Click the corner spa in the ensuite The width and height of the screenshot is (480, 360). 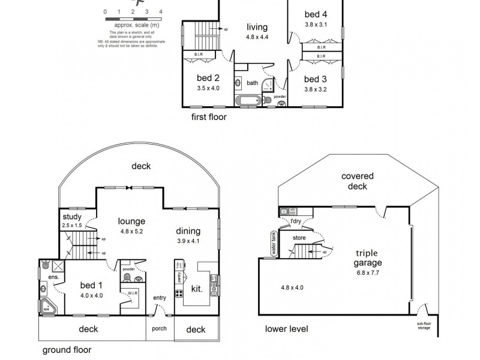tap(47, 306)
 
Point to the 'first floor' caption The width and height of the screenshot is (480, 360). tap(209, 117)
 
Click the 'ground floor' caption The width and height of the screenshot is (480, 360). tap(67, 349)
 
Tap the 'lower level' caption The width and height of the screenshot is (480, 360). tap(287, 329)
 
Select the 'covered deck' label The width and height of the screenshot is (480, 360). tap(358, 181)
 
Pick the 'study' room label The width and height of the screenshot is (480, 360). tap(72, 217)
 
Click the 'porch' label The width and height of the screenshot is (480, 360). tap(159, 329)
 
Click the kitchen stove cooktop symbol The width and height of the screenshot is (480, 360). tap(179, 293)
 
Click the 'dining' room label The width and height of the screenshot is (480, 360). tap(188, 232)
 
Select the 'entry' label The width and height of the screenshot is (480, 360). tap(160, 298)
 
